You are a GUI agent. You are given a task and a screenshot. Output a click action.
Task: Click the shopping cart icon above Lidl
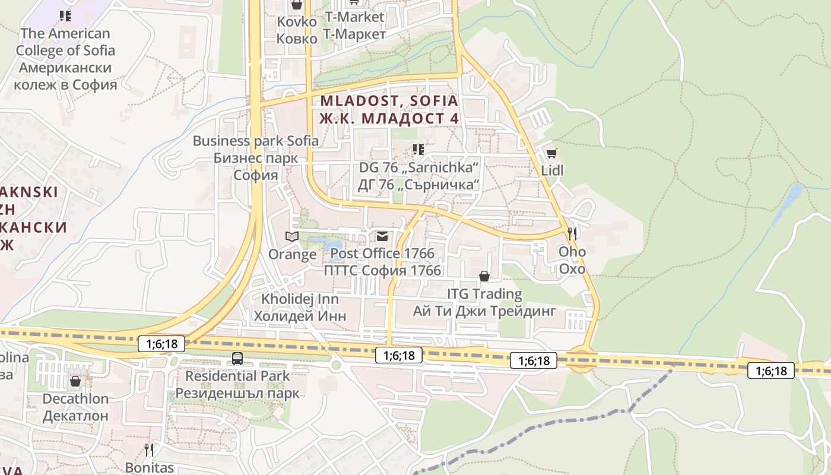[551, 154]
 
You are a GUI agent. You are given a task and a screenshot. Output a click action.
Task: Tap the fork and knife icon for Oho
[572, 233]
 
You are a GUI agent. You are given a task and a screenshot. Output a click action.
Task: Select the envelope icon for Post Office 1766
[382, 237]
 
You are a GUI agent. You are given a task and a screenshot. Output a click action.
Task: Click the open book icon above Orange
[291, 237]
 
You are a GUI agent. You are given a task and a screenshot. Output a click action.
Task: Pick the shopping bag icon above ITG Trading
[484, 276]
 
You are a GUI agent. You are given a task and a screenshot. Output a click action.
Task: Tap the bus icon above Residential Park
[237, 358]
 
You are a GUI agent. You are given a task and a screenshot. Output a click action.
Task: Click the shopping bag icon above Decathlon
[75, 381]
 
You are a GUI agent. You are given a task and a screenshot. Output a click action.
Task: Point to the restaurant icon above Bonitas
[149, 449]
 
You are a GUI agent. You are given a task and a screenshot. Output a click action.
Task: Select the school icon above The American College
[65, 15]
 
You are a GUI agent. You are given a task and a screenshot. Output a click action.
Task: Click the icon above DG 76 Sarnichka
[418, 149]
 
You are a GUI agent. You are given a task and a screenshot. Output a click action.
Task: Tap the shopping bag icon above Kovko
[297, 5]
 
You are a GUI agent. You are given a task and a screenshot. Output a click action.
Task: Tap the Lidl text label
[552, 170]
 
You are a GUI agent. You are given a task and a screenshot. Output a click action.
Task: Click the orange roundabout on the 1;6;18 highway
[581, 360]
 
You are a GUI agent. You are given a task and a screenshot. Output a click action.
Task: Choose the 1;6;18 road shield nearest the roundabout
[534, 360]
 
